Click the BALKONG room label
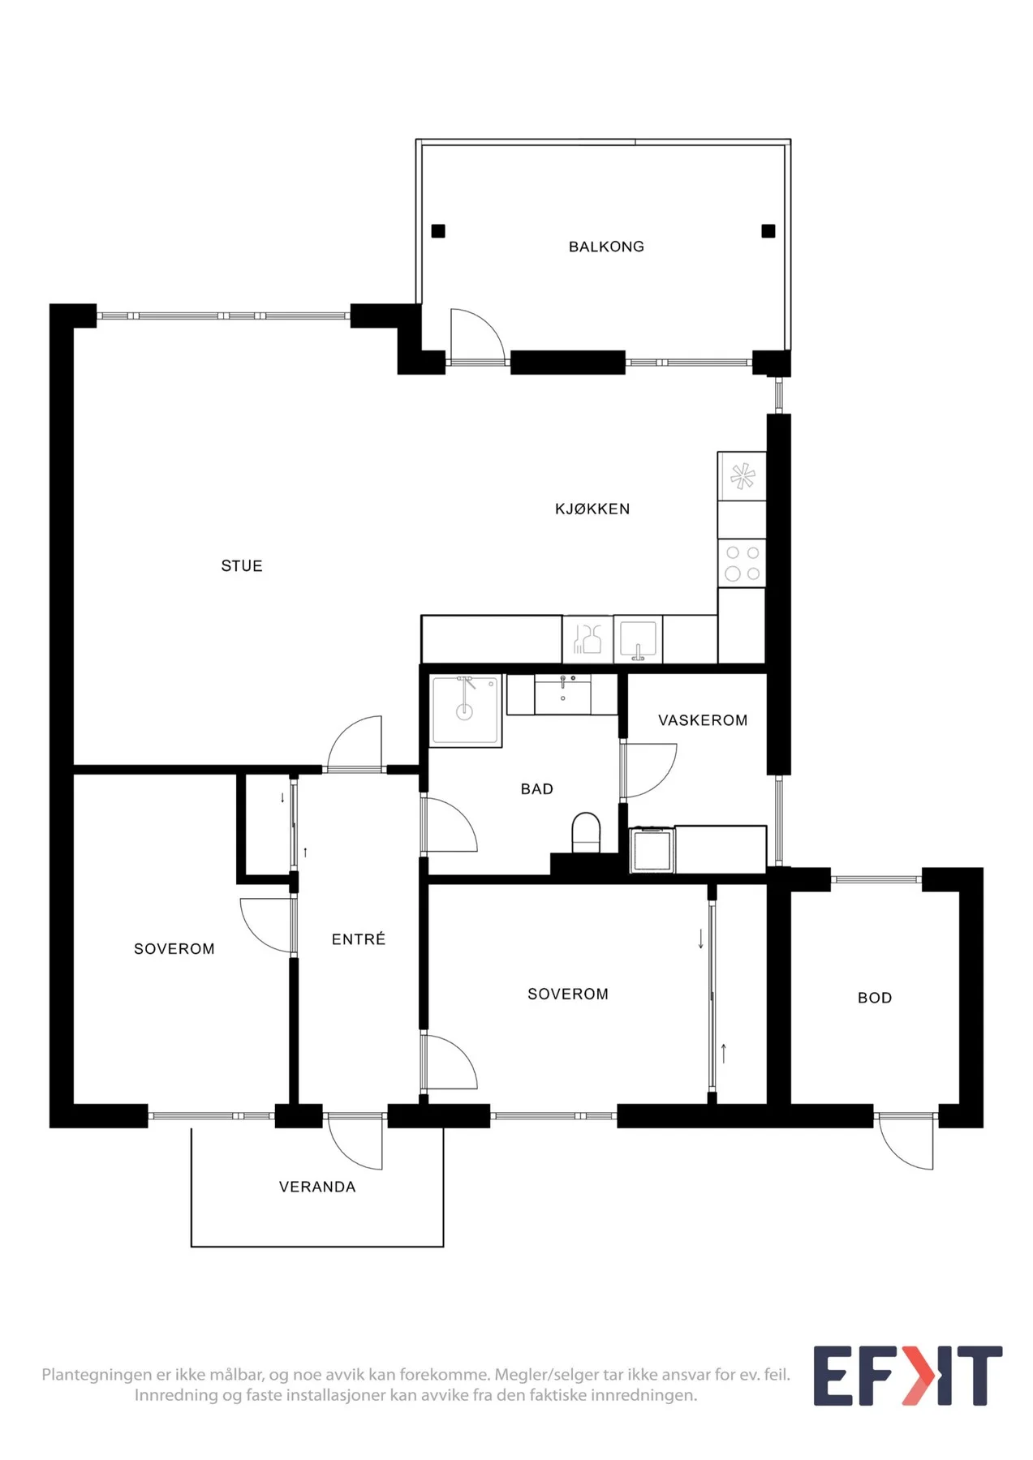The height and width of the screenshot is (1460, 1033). click(x=606, y=247)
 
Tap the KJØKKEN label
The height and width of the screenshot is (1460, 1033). click(x=592, y=509)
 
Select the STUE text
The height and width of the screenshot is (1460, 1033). click(x=242, y=566)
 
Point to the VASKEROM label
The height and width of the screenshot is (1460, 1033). click(x=703, y=720)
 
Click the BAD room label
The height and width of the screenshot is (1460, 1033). click(x=537, y=789)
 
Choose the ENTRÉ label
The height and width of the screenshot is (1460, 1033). click(x=359, y=938)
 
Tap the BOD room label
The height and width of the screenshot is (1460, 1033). click(x=875, y=998)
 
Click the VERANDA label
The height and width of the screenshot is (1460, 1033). click(x=317, y=1187)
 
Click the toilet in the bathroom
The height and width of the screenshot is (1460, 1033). click(x=586, y=833)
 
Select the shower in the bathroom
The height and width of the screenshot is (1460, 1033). click(x=465, y=711)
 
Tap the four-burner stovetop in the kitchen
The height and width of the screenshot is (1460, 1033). click(x=742, y=563)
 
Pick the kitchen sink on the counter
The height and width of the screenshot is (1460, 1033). click(x=638, y=639)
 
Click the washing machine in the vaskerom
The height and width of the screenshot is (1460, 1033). click(x=652, y=849)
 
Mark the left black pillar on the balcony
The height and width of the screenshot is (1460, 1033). click(x=438, y=231)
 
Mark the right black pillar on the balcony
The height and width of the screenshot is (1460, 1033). click(x=768, y=231)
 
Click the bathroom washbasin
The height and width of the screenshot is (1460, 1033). click(x=562, y=694)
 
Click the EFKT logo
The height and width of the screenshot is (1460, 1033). click(x=908, y=1376)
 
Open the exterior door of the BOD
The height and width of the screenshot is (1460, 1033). click(x=906, y=1144)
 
